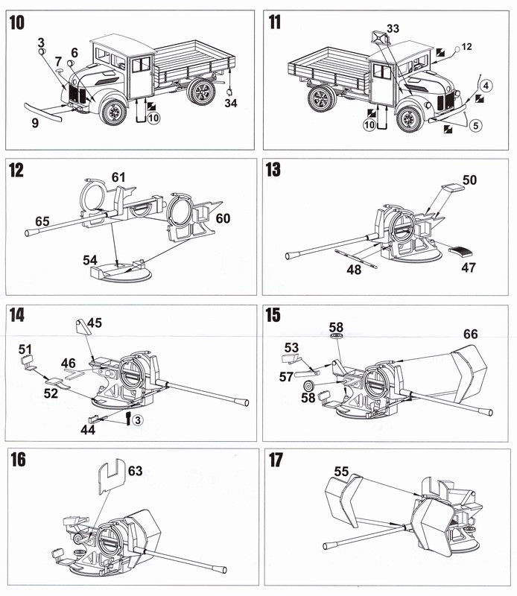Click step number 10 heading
(x=16, y=23)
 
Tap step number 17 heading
(x=275, y=460)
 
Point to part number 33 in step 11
(x=393, y=28)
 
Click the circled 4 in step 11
(x=485, y=86)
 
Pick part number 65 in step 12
(x=42, y=221)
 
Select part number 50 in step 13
(x=469, y=181)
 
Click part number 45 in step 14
(x=95, y=323)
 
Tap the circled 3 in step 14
(x=139, y=420)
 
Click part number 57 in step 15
(x=286, y=378)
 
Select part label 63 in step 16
(x=135, y=470)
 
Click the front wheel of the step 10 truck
(x=113, y=112)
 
